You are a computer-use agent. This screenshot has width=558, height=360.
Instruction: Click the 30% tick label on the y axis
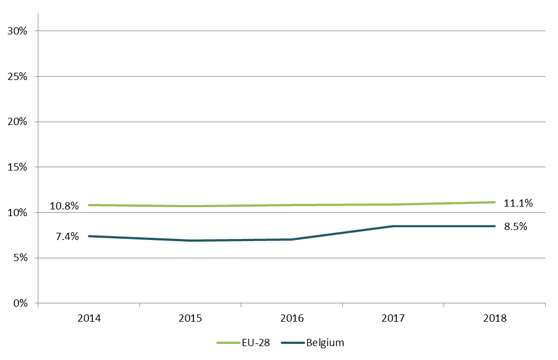point(17,31)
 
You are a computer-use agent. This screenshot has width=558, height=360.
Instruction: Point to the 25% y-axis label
point(17,76)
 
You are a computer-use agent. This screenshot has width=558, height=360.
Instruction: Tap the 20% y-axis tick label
point(17,122)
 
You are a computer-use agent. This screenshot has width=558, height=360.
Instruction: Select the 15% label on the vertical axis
point(17,167)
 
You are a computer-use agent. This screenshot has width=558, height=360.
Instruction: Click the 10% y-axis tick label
point(17,212)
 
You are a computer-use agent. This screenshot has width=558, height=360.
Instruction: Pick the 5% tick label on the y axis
point(19,258)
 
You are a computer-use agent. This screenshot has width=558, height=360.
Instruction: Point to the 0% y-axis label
point(19,303)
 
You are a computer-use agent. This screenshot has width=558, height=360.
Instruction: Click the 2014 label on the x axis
point(89,319)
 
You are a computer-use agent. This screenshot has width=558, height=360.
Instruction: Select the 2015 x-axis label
point(191,319)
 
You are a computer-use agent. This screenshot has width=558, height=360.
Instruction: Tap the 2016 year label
point(292,319)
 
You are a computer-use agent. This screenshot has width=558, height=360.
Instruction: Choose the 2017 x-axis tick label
point(393,319)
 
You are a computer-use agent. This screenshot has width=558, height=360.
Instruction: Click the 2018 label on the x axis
point(495,319)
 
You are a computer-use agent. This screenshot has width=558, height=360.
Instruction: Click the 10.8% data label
point(64,206)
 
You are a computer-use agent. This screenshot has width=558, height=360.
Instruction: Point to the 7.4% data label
point(67,237)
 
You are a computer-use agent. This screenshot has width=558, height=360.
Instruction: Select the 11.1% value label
point(518,203)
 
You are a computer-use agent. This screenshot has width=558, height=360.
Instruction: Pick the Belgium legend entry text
point(325,343)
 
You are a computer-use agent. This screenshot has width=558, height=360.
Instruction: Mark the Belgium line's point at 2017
point(393,226)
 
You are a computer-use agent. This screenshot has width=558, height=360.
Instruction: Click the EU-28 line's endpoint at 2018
point(495,202)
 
